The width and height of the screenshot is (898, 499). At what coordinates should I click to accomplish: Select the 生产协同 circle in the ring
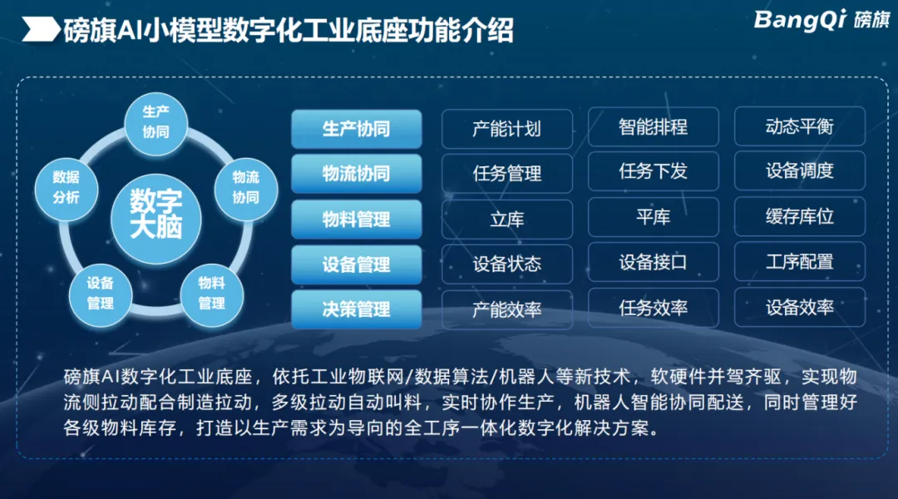[155, 122]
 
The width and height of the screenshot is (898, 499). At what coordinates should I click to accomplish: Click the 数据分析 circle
[66, 188]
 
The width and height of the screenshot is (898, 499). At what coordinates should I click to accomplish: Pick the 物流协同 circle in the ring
[245, 188]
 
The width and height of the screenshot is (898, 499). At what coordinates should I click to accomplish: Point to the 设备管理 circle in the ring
[101, 294]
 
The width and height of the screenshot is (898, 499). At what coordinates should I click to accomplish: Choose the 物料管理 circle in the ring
[211, 294]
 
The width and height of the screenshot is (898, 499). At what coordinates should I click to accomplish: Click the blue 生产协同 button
[356, 129]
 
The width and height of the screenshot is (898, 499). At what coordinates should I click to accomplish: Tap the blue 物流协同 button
[356, 174]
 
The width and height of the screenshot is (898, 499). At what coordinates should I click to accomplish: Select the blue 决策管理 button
[356, 309]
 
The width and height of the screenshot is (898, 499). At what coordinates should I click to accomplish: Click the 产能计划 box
[507, 129]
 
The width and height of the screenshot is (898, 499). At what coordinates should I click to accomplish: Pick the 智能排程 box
[654, 126]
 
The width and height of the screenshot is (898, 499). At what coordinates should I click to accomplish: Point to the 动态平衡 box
[800, 126]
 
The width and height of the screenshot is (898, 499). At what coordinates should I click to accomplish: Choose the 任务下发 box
[654, 170]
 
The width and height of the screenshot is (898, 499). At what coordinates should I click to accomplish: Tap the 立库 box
[507, 219]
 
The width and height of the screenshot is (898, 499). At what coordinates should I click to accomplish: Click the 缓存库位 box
[800, 216]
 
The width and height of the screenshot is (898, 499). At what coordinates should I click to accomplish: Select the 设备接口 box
[654, 262]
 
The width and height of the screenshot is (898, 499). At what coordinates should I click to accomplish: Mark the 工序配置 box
[800, 261]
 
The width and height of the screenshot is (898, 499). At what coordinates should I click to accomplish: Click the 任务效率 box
[654, 308]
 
